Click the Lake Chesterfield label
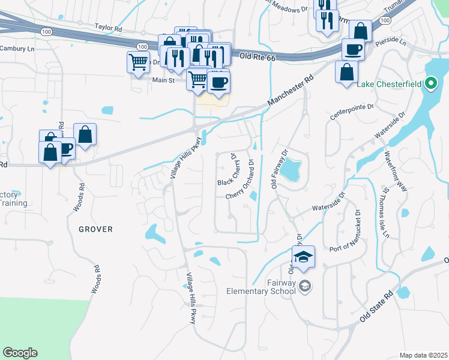coord(390,84)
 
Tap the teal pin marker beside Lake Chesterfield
coord(431,84)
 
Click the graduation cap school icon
coord(304,257)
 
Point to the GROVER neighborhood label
coord(95,229)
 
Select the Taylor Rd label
coord(108,27)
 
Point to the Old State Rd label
coord(378,307)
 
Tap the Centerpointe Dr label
coord(353,107)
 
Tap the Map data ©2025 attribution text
coord(423,355)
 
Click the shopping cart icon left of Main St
coord(138,61)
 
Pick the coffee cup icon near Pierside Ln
coord(353,49)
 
